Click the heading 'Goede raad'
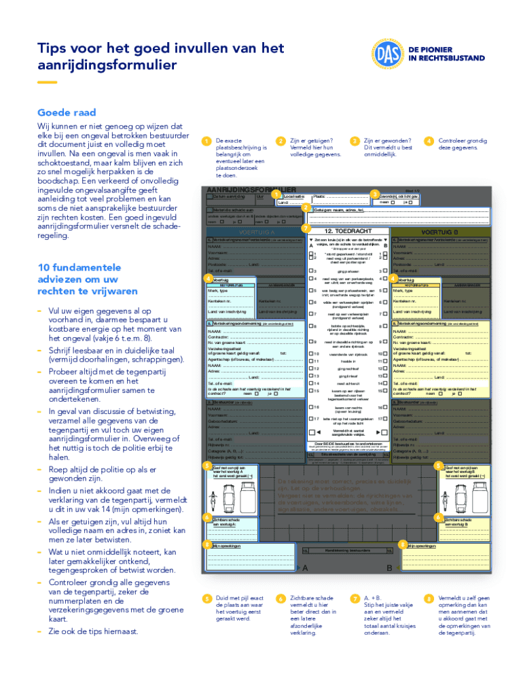pyautogui.click(x=67, y=113)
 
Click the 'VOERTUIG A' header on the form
pyautogui.click(x=253, y=231)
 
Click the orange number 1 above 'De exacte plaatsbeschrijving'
pyautogui.click(x=206, y=141)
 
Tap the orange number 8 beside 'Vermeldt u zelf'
pyautogui.click(x=429, y=598)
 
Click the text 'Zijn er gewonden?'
pyautogui.click(x=388, y=140)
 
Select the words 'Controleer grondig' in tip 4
pyautogui.click(x=463, y=140)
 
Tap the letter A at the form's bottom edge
pyautogui.click(x=306, y=568)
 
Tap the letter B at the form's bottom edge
pyautogui.click(x=389, y=568)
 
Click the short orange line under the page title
pyautogui.click(x=47, y=82)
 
